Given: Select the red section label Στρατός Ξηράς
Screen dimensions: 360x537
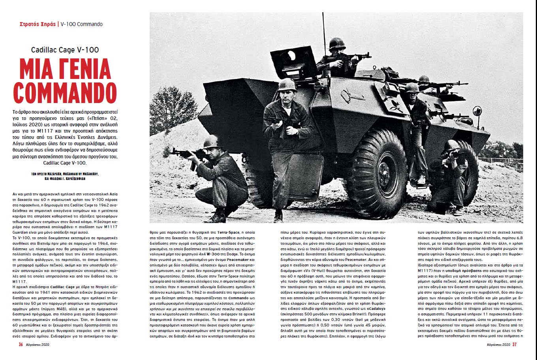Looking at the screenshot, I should pyautogui.click(x=38, y=24).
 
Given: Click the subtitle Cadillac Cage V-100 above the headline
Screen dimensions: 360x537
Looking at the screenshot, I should pyautogui.click(x=65, y=50).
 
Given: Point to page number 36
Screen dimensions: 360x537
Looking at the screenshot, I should pyautogui.click(x=21, y=344).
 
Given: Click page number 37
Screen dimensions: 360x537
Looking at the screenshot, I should pyautogui.click(x=514, y=344).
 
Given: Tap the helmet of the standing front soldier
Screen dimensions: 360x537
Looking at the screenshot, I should pyautogui.click(x=287, y=84).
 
